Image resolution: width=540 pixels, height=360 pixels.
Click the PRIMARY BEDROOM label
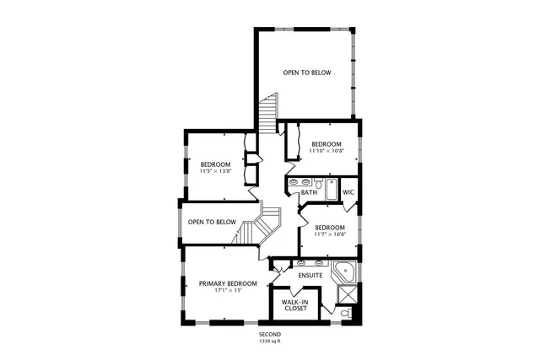(227, 283)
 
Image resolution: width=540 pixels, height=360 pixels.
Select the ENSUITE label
(310, 276)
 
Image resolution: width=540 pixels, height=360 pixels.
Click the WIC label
(348, 192)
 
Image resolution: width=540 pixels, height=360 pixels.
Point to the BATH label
(309, 193)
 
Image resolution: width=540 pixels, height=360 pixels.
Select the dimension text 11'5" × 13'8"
(215, 171)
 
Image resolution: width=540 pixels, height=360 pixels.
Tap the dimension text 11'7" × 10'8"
(329, 234)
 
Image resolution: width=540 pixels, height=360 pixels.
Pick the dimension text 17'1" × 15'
(227, 291)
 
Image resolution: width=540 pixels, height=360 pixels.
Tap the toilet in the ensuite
(346, 314)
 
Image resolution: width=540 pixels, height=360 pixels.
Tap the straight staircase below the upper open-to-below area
(268, 114)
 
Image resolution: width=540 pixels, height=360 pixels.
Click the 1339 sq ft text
(270, 341)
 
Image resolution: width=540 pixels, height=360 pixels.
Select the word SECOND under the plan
(270, 335)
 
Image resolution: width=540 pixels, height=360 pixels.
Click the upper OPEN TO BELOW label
(306, 73)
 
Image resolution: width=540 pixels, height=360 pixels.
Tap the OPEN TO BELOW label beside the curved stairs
(211, 223)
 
